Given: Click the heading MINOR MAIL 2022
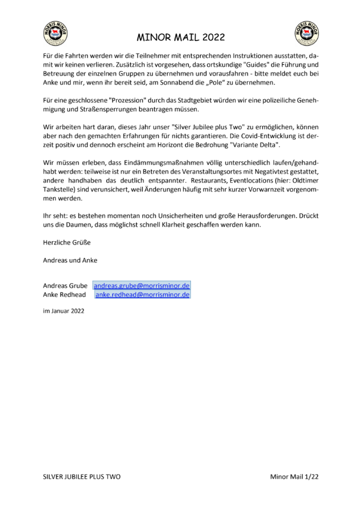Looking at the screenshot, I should tap(181, 37).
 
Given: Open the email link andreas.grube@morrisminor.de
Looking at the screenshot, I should tap(142, 285).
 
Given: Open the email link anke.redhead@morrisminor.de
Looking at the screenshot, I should tap(142, 294).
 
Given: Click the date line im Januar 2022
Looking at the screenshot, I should tap(64, 310).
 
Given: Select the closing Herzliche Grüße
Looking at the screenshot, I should tap(67, 243).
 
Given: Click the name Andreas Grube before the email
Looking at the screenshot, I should tap(65, 285).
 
